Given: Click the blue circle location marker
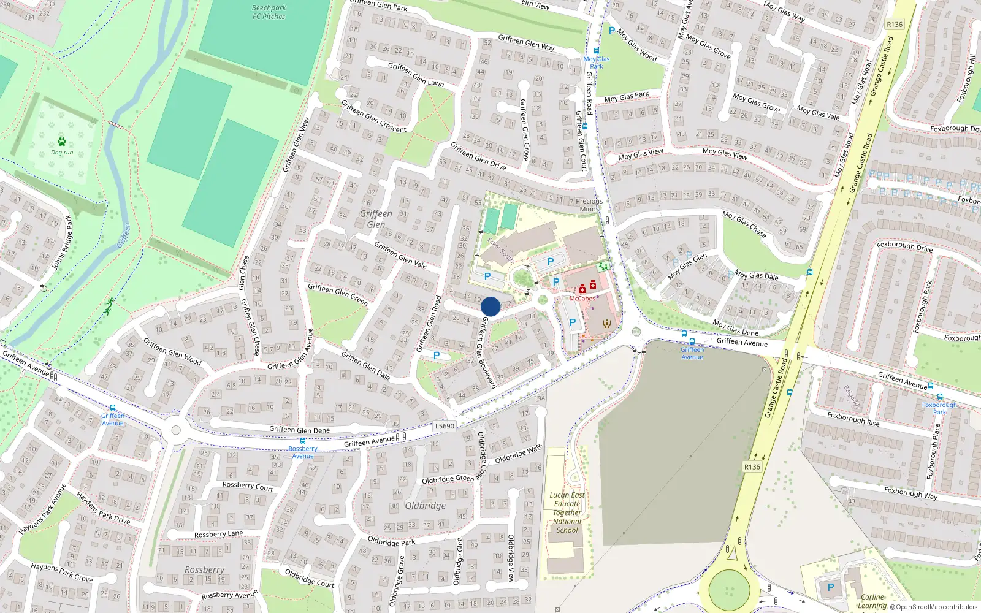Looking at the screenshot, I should [490, 306].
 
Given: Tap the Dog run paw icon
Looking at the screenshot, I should [61, 142].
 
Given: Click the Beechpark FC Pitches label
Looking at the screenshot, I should [269, 12].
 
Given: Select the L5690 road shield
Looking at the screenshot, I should [445, 426].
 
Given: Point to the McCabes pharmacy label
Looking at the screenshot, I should [582, 299].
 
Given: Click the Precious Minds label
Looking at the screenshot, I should [589, 205].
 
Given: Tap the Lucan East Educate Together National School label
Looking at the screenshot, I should [567, 512].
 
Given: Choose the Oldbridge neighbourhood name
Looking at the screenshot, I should [425, 506].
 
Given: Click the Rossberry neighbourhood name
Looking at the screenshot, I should [204, 569].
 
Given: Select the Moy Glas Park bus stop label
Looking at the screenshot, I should [597, 63].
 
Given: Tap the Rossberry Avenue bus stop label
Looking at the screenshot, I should [303, 452].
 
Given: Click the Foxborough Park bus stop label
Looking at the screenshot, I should [939, 408].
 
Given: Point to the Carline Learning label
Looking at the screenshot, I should [872, 601].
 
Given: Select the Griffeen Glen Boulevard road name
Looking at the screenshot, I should [488, 352].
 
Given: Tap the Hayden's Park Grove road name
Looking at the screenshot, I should [62, 573].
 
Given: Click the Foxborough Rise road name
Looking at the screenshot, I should [853, 419].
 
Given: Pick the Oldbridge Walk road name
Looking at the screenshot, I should [518, 454].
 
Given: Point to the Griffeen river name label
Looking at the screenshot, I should [124, 235].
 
